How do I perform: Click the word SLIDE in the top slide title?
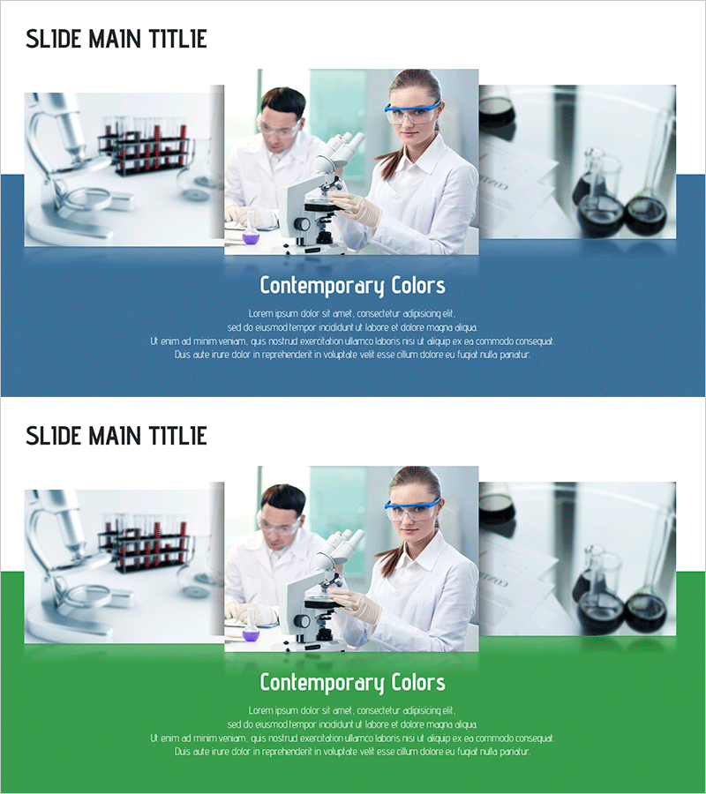pos(53,39)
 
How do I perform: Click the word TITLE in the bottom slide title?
pos(177,436)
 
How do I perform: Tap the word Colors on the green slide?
pos(418,683)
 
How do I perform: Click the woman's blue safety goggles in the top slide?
pos(412,112)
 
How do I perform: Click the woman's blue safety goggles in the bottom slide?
pos(412,509)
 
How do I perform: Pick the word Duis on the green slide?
pos(183,752)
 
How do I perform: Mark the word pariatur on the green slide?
pos(515,752)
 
